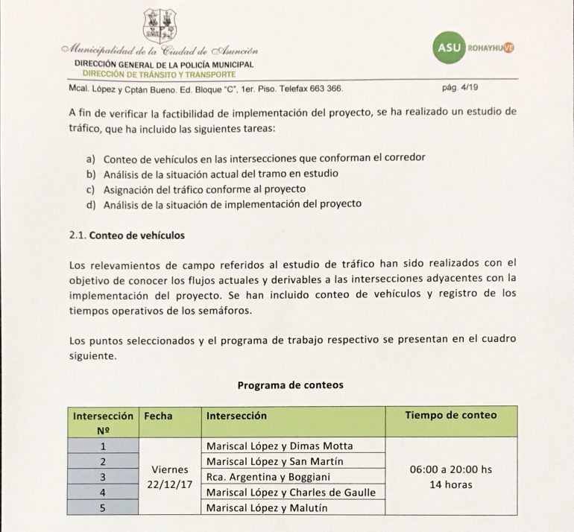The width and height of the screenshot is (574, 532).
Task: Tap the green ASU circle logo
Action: coord(449,48)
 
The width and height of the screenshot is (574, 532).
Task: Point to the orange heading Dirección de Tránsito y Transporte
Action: coord(159,75)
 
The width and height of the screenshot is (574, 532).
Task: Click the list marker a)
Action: coord(91,159)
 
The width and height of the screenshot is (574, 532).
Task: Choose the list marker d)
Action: coord(91,203)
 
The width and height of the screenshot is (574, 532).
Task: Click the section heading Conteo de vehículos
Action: coord(136,235)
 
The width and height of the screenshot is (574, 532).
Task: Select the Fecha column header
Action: coord(157,415)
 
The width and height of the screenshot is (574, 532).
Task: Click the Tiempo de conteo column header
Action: coord(450,415)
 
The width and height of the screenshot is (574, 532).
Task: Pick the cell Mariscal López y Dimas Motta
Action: coord(279,446)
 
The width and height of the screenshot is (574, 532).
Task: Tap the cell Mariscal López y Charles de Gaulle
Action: coord(290,493)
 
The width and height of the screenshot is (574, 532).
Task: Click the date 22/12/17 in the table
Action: coord(170,484)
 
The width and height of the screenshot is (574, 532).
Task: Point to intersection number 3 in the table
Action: coord(104,477)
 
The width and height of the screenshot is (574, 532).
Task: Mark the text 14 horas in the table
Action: coord(451,485)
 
